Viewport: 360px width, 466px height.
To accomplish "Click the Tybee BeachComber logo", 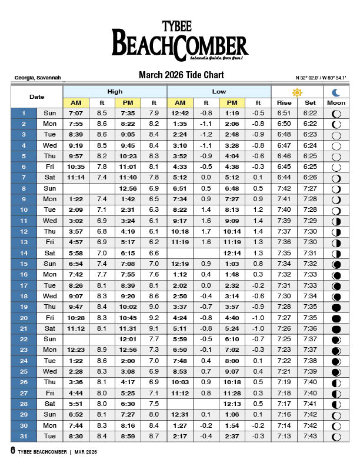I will tap(180, 41).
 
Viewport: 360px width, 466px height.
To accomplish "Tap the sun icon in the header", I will tap(297, 92).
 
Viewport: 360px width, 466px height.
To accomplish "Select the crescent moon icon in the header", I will tap(336, 92).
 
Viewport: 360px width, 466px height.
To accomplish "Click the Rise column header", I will tap(284, 102).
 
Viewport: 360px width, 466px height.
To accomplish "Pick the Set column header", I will tap(310, 102).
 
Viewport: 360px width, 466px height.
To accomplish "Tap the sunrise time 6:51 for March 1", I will tap(284, 113).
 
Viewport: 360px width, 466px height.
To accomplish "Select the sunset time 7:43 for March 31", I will tap(310, 437).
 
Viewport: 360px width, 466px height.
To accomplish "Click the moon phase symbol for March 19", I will tap(336, 307).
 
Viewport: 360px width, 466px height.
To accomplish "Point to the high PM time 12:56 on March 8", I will tap(128, 188).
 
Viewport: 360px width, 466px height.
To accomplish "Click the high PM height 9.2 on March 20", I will tap(154, 318).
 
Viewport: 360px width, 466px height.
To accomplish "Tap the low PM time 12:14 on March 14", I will tap(232, 253).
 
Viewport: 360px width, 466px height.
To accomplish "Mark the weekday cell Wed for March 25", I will tap(50, 372).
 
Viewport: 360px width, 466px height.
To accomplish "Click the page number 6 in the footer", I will tap(13, 451).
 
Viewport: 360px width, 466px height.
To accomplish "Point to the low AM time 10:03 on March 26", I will tap(180, 382).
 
